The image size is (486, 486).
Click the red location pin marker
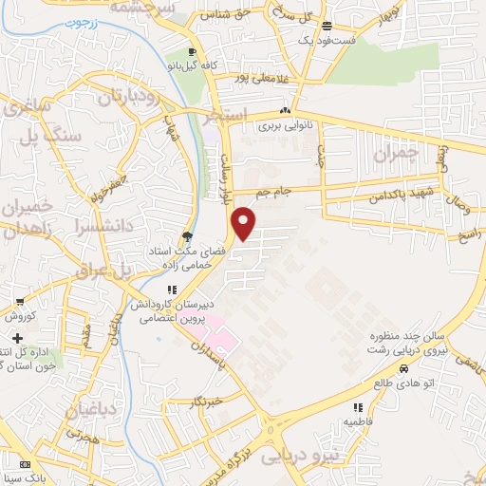pos(245,222)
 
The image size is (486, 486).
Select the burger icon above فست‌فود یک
pos(327,27)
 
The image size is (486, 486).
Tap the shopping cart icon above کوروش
pos(19,302)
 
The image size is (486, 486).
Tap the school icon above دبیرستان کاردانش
pos(171,290)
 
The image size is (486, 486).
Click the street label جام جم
pos(278,193)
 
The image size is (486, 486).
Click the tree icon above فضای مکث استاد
pos(186,237)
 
